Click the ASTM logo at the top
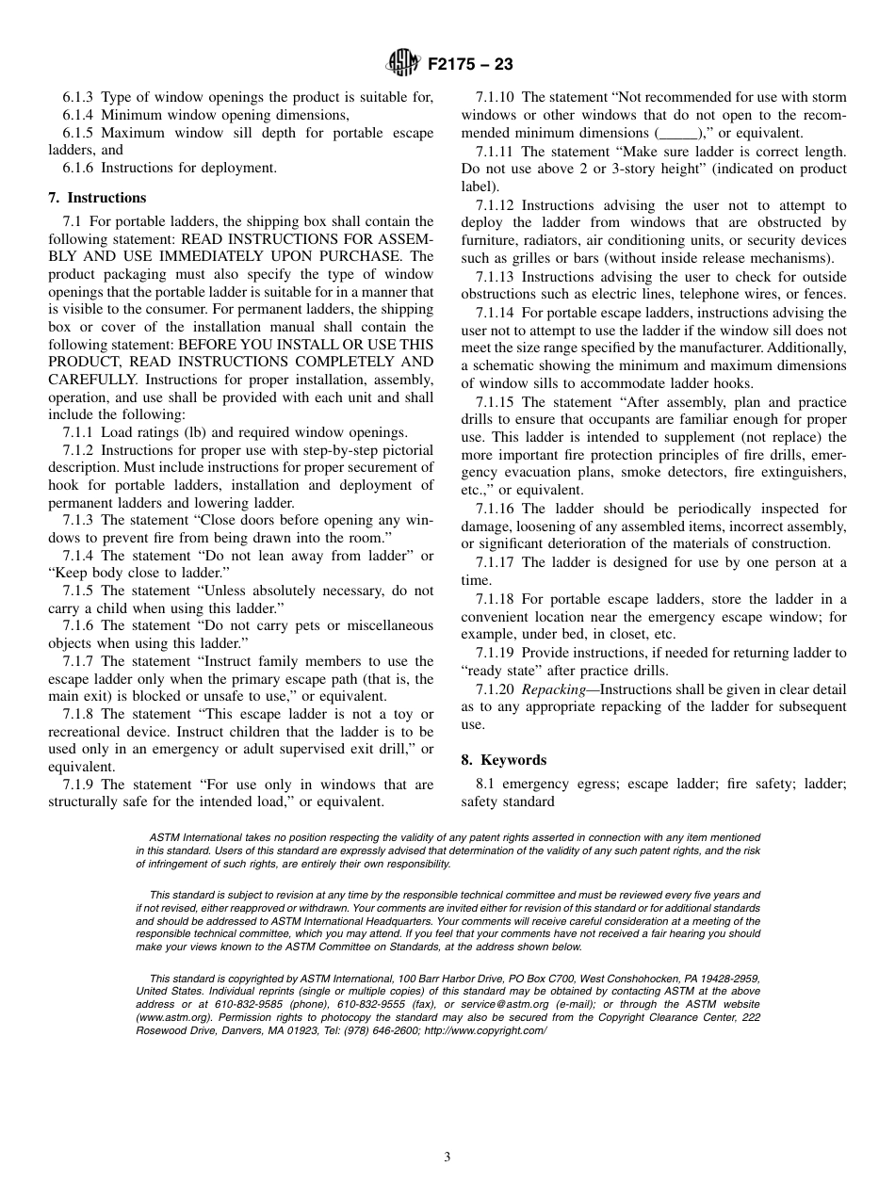(403, 64)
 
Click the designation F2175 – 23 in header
(470, 65)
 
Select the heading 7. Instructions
(97, 198)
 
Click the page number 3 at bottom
(447, 1158)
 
